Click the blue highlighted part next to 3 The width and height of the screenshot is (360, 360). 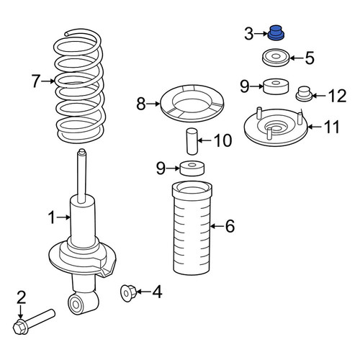coord(276,32)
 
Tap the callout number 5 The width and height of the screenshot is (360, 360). coord(310,58)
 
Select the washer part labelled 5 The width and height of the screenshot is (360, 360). coord(276,58)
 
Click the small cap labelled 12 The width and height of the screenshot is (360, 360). coord(304,94)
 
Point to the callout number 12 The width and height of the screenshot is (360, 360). coord(338,96)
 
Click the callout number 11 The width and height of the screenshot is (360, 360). coord(331,127)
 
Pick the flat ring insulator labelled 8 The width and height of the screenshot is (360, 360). coord(192,104)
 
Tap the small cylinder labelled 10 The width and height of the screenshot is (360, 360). coord(192,142)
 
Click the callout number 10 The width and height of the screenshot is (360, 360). coord(223,140)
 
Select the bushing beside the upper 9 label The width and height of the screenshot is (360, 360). coord(276,86)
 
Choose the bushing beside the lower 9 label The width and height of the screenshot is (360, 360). coord(192,168)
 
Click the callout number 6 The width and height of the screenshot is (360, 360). coord(230,226)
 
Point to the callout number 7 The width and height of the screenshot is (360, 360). coord(35,81)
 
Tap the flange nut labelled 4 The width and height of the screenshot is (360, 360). coord(128,292)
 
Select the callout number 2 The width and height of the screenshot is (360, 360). coord(21,297)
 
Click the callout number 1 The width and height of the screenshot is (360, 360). coord(51,217)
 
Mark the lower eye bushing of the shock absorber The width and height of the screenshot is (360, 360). coord(76,305)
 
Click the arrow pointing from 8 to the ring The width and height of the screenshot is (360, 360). coord(153,104)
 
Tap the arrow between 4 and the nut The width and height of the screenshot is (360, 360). coord(144,292)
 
